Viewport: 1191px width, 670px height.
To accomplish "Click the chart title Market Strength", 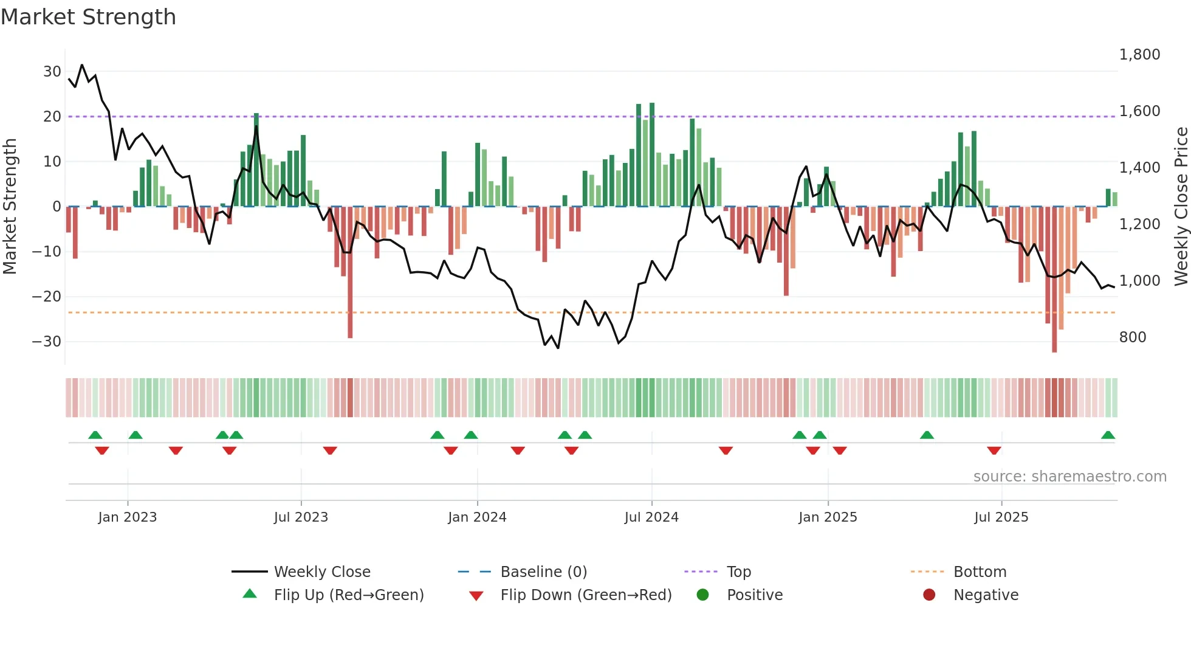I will (x=88, y=17).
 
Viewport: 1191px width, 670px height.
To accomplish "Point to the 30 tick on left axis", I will (x=52, y=72).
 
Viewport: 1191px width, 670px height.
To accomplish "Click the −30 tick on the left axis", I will (x=47, y=342).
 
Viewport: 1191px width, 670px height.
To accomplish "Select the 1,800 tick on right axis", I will (x=1139, y=55).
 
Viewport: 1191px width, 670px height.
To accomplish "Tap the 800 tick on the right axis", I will (x=1133, y=337).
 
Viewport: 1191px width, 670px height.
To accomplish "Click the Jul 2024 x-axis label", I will (x=651, y=517).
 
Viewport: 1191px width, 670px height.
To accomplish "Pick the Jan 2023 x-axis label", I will (x=128, y=517).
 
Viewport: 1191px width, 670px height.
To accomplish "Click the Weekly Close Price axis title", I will (x=1181, y=207).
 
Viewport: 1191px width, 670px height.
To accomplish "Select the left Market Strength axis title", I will (x=10, y=207).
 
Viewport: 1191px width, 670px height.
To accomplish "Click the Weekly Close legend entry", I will (x=322, y=572).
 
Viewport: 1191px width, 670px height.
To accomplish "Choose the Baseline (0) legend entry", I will (x=543, y=572).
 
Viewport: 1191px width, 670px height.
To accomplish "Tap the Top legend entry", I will (x=739, y=572).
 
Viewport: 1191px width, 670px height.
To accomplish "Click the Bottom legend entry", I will (x=980, y=572).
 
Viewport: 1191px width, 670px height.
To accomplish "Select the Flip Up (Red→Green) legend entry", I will (x=348, y=595).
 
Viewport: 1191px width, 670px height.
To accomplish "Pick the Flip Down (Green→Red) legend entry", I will (x=586, y=595).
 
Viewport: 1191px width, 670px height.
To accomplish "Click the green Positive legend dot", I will (x=703, y=595).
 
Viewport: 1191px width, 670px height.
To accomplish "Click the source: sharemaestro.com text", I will (x=1069, y=477).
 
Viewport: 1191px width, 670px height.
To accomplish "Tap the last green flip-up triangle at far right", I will (x=1108, y=435).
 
